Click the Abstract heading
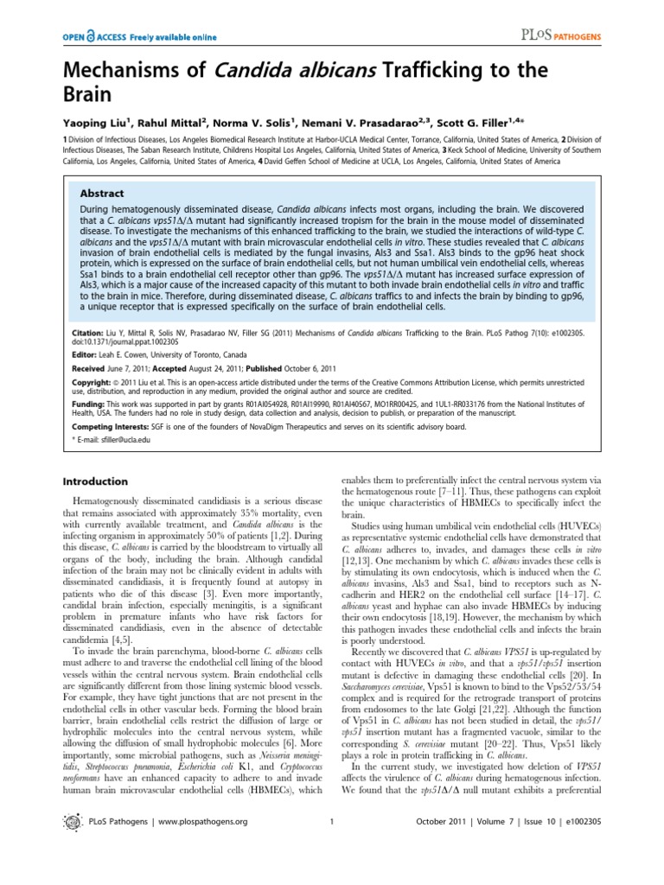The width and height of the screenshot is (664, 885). pyautogui.click(x=102, y=194)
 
